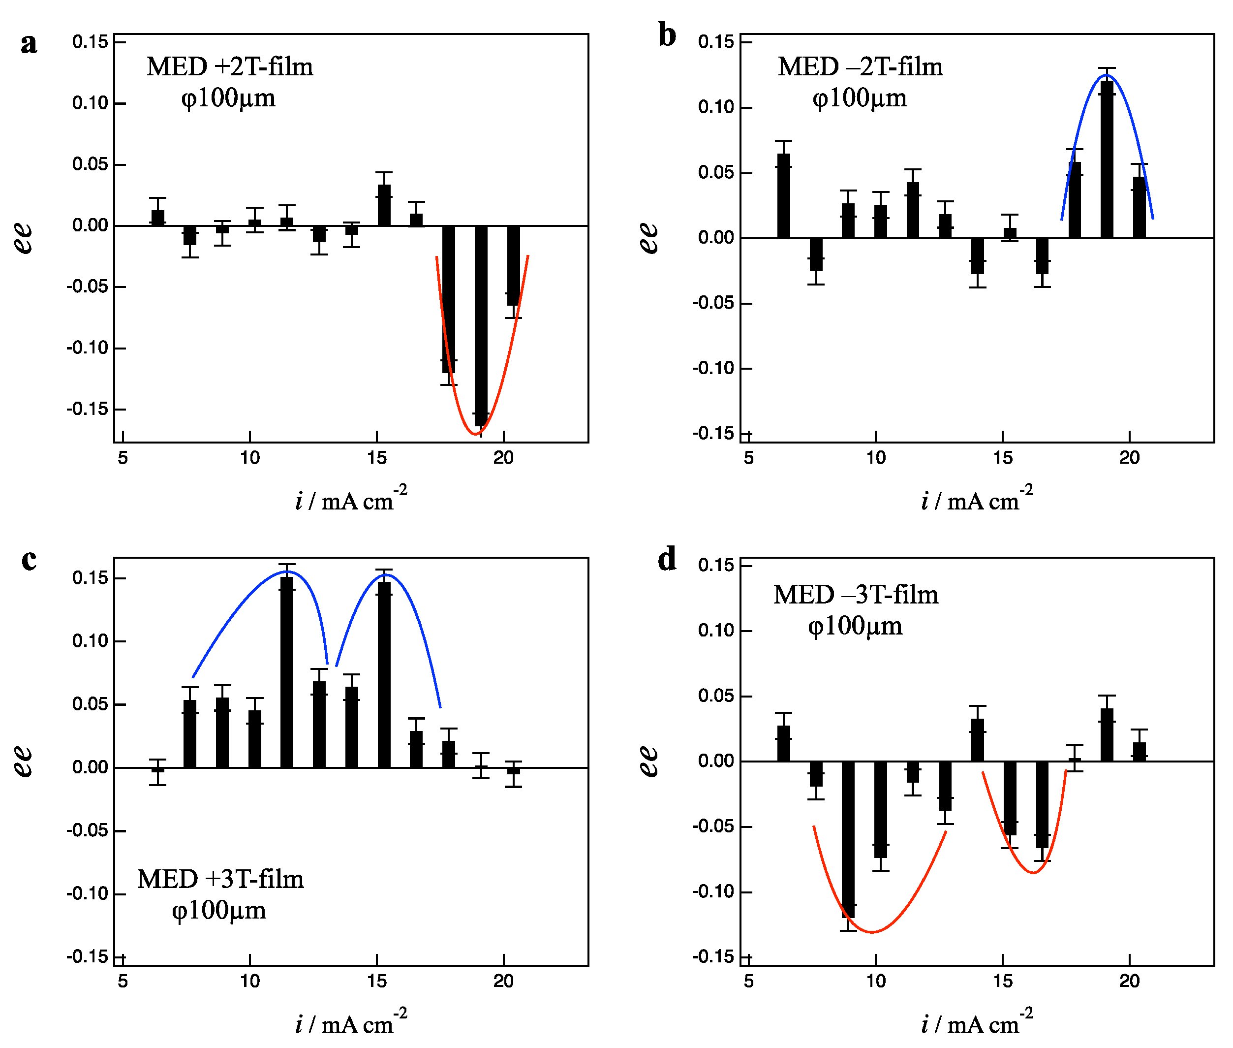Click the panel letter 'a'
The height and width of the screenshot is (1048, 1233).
[x=28, y=43]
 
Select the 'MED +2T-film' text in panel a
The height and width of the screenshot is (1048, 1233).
[x=229, y=66]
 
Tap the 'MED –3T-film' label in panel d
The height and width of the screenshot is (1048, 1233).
[x=855, y=595]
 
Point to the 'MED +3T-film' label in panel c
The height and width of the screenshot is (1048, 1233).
[x=220, y=879]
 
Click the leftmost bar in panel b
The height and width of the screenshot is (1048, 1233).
[x=783, y=196]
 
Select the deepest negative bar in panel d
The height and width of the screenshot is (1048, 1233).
[x=848, y=838]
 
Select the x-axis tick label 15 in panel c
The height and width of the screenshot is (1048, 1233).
[x=376, y=981]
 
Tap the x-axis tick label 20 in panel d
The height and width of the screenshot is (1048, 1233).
[x=1129, y=981]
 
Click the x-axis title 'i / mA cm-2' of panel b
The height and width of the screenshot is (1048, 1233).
[x=977, y=499]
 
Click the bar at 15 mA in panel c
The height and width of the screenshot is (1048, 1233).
[x=384, y=674]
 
